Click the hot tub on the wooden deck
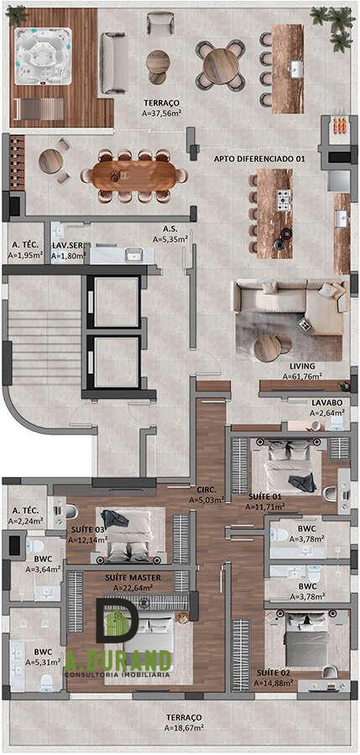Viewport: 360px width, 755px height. (43, 57)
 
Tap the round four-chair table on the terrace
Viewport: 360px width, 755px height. (220, 65)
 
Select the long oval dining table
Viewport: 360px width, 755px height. (135, 176)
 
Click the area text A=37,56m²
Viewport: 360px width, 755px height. (162, 113)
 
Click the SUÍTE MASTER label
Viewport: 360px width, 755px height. (133, 577)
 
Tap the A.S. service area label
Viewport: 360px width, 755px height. (170, 230)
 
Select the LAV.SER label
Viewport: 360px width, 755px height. (69, 246)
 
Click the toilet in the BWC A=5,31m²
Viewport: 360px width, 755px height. (47, 681)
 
